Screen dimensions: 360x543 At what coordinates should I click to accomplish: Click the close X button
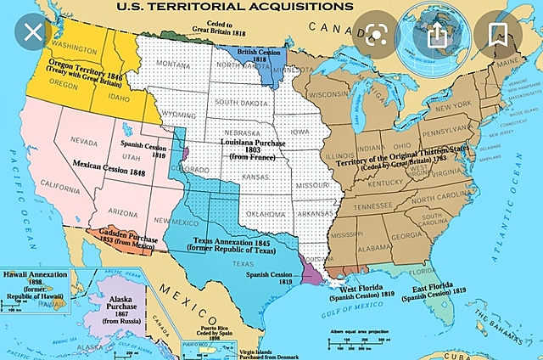[32, 35]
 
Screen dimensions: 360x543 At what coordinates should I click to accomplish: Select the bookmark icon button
[499, 35]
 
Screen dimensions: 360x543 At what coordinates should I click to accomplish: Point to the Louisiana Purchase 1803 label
[253, 151]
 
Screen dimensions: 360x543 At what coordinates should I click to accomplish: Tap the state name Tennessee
[373, 205]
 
